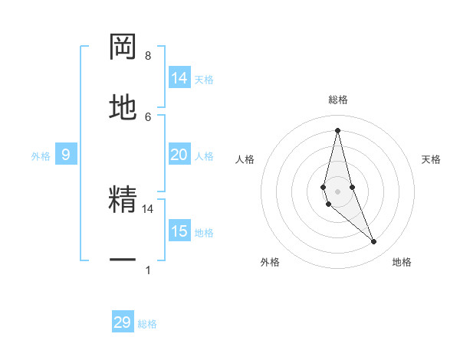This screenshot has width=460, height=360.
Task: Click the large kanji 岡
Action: pyautogui.click(x=123, y=47)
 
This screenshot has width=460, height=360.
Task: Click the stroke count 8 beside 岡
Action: pyautogui.click(x=148, y=56)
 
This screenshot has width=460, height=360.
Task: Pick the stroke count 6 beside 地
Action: pyautogui.click(x=148, y=116)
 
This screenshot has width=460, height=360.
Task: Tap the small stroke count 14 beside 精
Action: pyautogui.click(x=148, y=208)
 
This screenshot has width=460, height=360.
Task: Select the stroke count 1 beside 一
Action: pyautogui.click(x=148, y=270)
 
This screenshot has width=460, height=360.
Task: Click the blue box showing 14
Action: pyautogui.click(x=179, y=78)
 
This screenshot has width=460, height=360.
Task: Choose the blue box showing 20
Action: pyautogui.click(x=179, y=155)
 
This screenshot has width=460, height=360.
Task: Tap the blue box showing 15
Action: pyautogui.click(x=179, y=231)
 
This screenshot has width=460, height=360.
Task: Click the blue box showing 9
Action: pyautogui.click(x=66, y=155)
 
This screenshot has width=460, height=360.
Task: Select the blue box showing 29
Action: pyautogui.click(x=123, y=322)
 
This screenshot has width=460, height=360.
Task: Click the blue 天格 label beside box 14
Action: pyautogui.click(x=204, y=79)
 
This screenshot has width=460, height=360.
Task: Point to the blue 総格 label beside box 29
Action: pyautogui.click(x=147, y=324)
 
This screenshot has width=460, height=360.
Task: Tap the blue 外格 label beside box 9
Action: pyautogui.click(x=41, y=155)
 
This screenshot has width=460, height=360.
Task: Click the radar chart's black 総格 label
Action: pyautogui.click(x=338, y=100)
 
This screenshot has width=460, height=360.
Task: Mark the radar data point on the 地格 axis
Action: pyautogui.click(x=374, y=242)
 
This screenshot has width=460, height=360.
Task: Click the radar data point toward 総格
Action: pyautogui.click(x=337, y=129)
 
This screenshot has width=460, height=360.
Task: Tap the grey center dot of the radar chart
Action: pyautogui.click(x=337, y=191)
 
